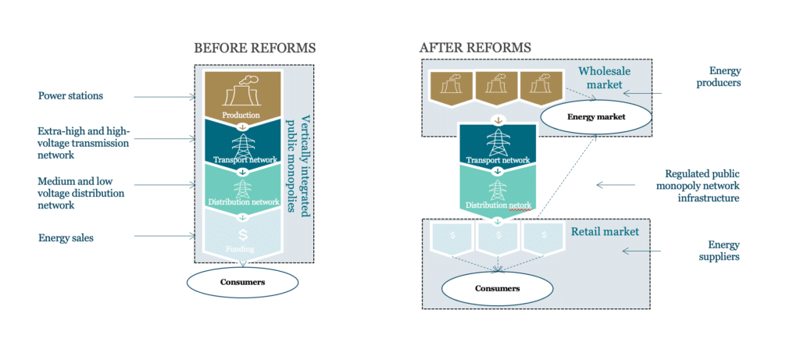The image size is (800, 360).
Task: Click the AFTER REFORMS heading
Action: pyautogui.click(x=475, y=48)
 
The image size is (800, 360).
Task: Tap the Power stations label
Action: pyautogui.click(x=70, y=97)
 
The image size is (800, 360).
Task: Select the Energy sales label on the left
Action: pyautogui.click(x=66, y=237)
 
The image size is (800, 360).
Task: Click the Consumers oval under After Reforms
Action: pyautogui.click(x=497, y=288)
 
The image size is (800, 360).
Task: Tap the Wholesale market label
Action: pyautogui.click(x=604, y=77)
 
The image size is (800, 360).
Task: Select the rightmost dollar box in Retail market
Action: pyautogui.click(x=545, y=237)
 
